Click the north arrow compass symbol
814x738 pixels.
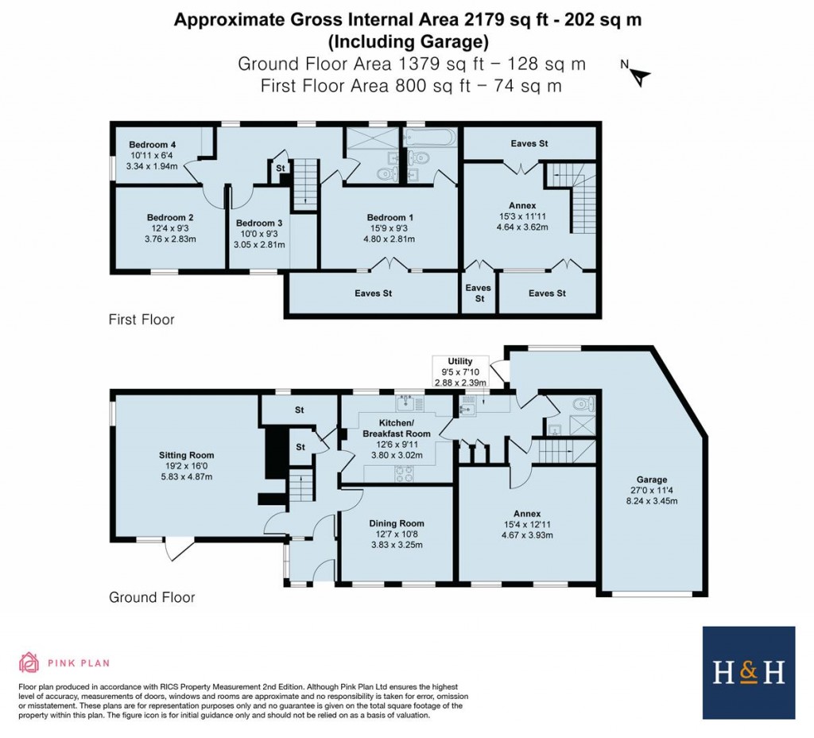(x=639, y=75)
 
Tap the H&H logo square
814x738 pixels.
(x=749, y=673)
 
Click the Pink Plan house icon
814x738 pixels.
(x=29, y=662)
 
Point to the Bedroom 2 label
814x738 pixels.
(x=170, y=217)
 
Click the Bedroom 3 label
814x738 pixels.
(x=258, y=223)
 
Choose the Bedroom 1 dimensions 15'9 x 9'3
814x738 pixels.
(x=390, y=228)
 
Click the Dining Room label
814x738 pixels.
(x=397, y=523)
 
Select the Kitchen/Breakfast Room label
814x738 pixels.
(x=397, y=428)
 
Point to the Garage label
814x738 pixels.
(x=651, y=480)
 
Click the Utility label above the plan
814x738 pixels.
(x=460, y=361)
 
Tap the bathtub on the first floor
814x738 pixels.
(x=430, y=138)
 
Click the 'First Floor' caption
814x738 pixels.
(x=141, y=320)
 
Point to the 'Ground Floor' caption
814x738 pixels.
(x=151, y=597)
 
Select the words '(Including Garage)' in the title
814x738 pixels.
(x=407, y=41)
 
